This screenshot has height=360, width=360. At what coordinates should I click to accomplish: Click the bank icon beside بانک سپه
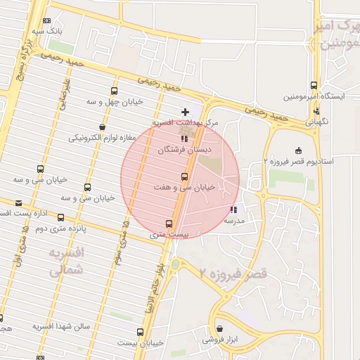click(x=47, y=21)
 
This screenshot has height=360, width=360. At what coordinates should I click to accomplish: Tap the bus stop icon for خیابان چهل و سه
click(x=114, y=91)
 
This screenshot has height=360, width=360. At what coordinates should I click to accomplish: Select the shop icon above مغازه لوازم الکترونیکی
click(x=103, y=127)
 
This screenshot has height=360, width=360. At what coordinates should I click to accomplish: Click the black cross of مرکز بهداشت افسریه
click(x=185, y=112)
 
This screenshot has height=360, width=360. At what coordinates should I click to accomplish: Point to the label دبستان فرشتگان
click(x=185, y=150)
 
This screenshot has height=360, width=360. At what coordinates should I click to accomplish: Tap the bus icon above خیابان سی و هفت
click(x=184, y=176)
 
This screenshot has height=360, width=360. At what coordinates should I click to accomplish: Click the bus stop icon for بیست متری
click(x=168, y=224)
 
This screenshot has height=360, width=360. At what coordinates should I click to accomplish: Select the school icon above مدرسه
click(x=233, y=209)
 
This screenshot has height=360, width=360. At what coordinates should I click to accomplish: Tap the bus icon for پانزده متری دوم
click(x=61, y=217)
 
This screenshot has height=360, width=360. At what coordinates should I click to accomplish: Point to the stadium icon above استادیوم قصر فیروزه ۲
click(x=298, y=150)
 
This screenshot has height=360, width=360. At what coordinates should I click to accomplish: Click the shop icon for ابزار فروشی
click(x=219, y=328)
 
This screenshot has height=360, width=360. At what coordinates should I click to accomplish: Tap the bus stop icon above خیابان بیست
click(x=140, y=331)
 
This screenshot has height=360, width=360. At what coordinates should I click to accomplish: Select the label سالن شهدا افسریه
click(x=64, y=327)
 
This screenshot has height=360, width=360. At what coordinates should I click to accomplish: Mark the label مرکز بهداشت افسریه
click(x=186, y=123)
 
